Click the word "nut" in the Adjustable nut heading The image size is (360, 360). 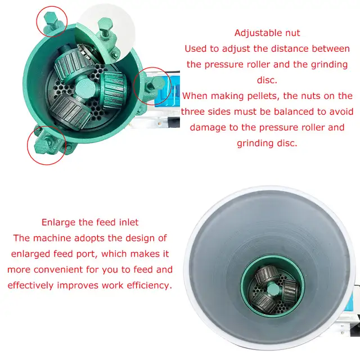pos(292,34)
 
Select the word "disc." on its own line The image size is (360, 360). pos(267,80)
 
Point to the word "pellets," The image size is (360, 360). pos(263,96)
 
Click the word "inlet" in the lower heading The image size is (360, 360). pos(129,223)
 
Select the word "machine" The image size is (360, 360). pos(52,238)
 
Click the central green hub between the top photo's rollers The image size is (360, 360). pos(85,88)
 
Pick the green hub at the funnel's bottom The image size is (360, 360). pos(273,289)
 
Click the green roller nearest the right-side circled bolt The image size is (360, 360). pos(114,89)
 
